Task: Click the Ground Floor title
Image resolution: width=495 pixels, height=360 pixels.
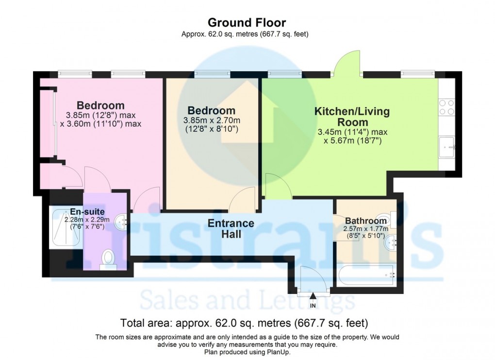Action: tap(247, 22)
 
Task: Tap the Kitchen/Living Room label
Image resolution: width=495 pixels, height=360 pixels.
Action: tap(352, 116)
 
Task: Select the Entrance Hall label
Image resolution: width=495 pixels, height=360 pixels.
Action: tap(231, 229)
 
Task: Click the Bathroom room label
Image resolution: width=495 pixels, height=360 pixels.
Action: tap(365, 221)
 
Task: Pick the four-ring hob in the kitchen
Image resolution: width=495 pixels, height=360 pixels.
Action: tap(446, 107)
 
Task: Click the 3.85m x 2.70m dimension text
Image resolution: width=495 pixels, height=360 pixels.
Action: tap(212, 120)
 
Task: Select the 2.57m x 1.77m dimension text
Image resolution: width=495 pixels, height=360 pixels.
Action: tap(365, 229)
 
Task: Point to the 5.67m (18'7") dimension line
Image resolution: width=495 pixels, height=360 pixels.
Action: tap(352, 141)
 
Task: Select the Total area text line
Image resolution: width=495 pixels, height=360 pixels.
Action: tap(247, 322)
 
